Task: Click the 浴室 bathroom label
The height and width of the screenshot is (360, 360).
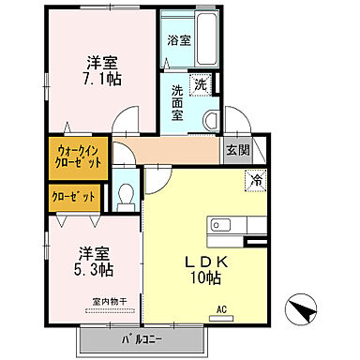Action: [178, 41]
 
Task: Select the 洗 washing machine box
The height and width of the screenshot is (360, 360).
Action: [201, 84]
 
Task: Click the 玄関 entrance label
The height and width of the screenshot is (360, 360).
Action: [237, 150]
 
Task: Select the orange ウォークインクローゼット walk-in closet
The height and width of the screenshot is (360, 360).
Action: [80, 156]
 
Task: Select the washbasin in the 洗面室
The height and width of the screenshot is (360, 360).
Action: [210, 116]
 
